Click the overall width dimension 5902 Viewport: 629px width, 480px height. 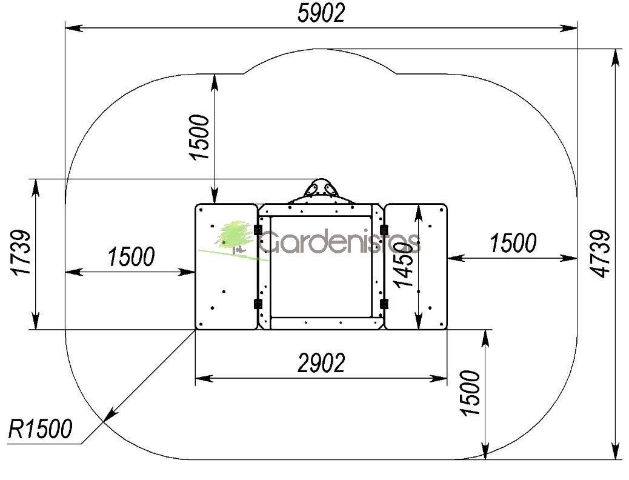click(321, 13)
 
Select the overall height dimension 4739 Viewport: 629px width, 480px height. click(602, 253)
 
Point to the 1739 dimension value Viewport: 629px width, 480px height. click(21, 253)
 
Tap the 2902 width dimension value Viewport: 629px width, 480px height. click(321, 363)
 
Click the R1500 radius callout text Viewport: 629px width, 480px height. click(41, 428)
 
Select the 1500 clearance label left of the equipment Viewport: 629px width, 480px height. click(131, 257)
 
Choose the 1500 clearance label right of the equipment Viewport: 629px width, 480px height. click(513, 243)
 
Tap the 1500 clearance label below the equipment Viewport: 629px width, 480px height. click(470, 393)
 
